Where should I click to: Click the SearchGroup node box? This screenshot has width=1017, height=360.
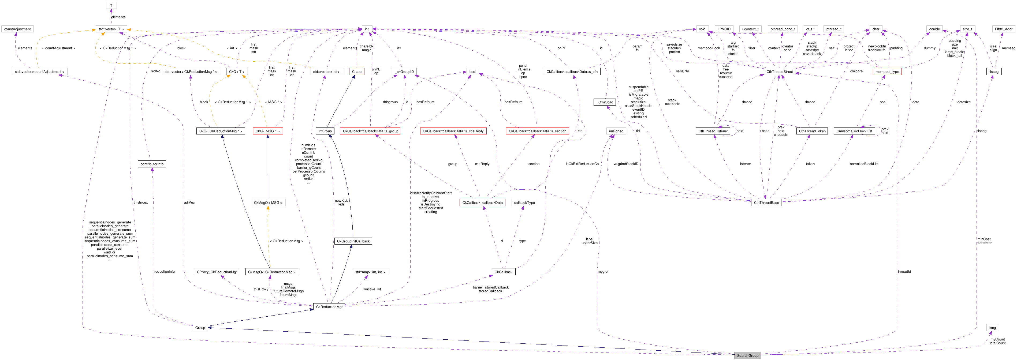pos(747,355)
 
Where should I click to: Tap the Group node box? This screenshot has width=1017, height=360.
pos(200,328)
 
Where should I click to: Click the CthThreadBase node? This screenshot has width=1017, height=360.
pos(766,202)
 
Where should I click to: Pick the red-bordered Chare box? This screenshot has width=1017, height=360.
pos(356,72)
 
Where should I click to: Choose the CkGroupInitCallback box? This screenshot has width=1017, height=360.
pos(353,241)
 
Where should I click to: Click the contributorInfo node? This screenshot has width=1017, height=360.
pos(152,164)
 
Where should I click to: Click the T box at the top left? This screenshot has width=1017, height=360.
pos(111,6)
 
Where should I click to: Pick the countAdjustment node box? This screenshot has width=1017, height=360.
pos(17,29)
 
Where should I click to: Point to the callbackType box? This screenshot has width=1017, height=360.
pos(524,202)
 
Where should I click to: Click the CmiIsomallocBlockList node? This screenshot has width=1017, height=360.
pos(854,131)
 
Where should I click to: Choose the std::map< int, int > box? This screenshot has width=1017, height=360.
pos(370,272)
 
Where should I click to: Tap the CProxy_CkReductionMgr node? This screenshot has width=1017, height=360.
pos(217,272)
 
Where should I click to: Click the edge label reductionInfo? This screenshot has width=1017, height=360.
pos(164,272)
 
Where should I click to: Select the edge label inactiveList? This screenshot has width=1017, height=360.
pos(372,289)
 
